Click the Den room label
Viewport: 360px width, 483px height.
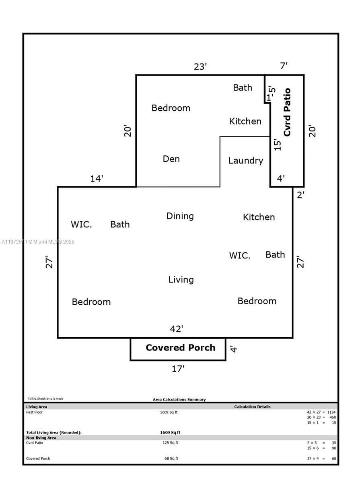[x=171, y=159]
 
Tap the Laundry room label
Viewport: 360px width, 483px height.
[x=245, y=161]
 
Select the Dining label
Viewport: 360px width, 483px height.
[x=180, y=216]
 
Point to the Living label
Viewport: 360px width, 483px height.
[x=181, y=279]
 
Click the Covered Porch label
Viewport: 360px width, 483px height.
[x=180, y=348]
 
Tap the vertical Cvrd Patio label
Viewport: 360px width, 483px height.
[x=287, y=112]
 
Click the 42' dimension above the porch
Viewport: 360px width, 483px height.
[x=176, y=329]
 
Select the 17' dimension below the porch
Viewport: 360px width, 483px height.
[x=178, y=369]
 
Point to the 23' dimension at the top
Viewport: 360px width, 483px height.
[x=200, y=67]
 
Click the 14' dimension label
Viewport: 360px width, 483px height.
[x=97, y=179]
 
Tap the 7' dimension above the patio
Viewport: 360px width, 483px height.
[x=284, y=66]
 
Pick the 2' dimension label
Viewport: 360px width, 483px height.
[x=300, y=195]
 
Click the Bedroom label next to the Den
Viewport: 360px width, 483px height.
[x=171, y=108]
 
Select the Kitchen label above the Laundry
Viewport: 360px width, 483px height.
[x=245, y=121]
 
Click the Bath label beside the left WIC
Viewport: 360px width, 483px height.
[x=120, y=225]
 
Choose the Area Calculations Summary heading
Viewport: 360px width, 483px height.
[x=179, y=399]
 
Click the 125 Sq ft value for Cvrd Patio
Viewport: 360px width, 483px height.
[x=169, y=443]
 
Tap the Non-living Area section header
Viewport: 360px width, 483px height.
[x=41, y=438]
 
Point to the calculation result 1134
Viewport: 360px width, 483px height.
[x=331, y=412]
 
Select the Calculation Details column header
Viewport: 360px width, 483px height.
[x=252, y=407]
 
